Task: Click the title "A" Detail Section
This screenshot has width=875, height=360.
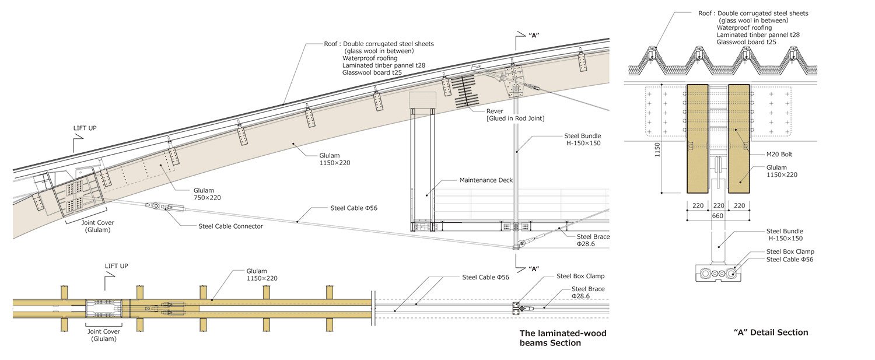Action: pyautogui.click(x=771, y=333)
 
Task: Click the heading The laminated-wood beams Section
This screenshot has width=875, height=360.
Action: pyautogui.click(x=562, y=338)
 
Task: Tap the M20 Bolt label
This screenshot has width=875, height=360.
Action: pyautogui.click(x=779, y=155)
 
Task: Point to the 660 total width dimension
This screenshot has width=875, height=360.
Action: pyautogui.click(x=717, y=216)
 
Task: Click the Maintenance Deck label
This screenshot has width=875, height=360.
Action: pyautogui.click(x=486, y=180)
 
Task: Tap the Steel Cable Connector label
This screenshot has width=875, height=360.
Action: pyautogui.click(x=230, y=226)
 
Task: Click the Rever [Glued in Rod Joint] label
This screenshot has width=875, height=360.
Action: pyautogui.click(x=516, y=115)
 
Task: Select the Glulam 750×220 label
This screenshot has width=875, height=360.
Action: pyautogui.click(x=207, y=194)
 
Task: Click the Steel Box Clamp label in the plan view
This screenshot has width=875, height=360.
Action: pyautogui.click(x=580, y=276)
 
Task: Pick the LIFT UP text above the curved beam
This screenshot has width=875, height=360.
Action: pyautogui.click(x=86, y=128)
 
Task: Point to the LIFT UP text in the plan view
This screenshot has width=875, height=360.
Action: pyautogui.click(x=116, y=266)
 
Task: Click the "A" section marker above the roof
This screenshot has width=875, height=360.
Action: pyautogui.click(x=533, y=35)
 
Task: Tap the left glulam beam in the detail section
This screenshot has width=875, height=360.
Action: pyautogui.click(x=697, y=139)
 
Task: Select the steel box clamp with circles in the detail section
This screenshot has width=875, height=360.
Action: pyautogui.click(x=718, y=272)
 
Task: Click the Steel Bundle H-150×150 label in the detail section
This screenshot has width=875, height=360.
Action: pyautogui.click(x=785, y=235)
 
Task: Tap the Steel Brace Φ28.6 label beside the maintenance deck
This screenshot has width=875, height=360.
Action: pyautogui.click(x=593, y=240)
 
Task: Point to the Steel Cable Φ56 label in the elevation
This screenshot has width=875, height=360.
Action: pyautogui.click(x=353, y=208)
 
